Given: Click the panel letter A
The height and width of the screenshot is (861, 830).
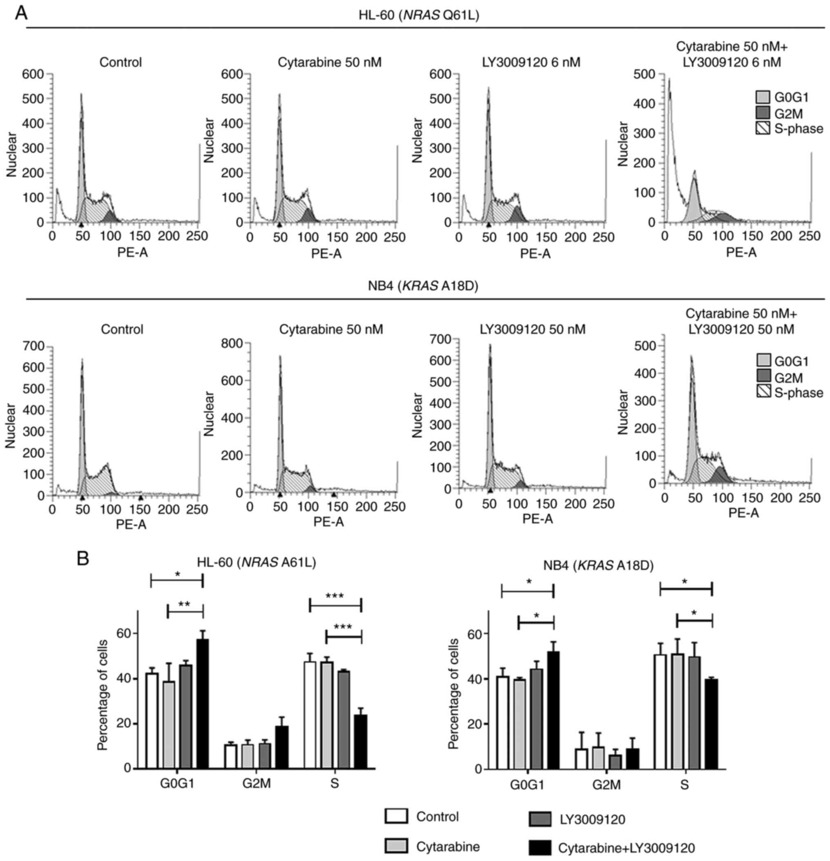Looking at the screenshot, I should coord(21,13).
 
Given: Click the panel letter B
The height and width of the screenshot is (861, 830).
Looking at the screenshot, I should coord(83,559).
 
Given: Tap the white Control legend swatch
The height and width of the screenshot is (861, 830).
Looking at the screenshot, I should coord(396,816).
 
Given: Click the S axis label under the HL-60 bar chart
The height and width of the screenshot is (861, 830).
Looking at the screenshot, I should coord(335,784).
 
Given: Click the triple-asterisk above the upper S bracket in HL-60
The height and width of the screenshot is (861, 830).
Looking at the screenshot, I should coord(335,596).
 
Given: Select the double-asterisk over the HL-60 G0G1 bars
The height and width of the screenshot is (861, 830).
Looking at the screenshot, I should coord(184,604).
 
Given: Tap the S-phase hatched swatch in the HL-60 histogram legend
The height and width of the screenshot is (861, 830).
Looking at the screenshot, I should coord(763,129).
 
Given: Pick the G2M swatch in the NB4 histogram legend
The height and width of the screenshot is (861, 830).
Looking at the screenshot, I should coord(764,377).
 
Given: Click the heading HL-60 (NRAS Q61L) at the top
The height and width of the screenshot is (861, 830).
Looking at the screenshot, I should coord(419,16).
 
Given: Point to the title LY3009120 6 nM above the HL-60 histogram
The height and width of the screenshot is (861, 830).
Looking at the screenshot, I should coord(531,62).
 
